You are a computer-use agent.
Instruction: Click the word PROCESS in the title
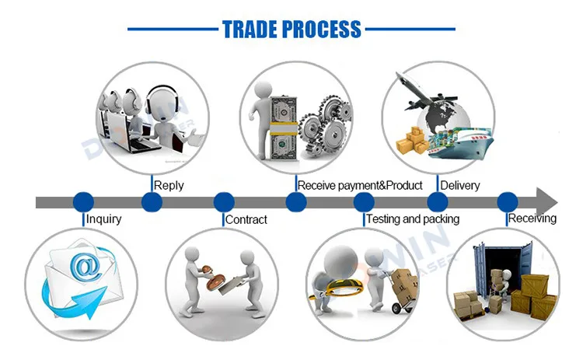pos(321,29)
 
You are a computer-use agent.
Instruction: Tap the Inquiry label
pos(103,219)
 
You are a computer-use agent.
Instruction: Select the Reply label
pos(169,185)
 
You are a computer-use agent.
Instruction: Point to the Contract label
pos(246,219)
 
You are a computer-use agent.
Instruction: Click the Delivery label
pos(460,185)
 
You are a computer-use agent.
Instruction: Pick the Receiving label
pos(532,218)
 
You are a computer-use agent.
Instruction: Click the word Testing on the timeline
pos(383,218)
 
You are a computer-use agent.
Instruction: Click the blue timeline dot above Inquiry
pos(83,202)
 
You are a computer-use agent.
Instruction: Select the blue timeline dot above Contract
pos(224,202)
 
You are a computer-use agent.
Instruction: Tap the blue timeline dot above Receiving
pos(508,202)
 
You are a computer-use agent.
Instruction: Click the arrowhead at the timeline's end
pos(546,202)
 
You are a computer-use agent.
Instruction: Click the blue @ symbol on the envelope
pos(86,267)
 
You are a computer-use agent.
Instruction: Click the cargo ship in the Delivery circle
pos(461,143)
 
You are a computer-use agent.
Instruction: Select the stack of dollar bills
pos(283,128)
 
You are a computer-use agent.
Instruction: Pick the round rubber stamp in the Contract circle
pos(215,281)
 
